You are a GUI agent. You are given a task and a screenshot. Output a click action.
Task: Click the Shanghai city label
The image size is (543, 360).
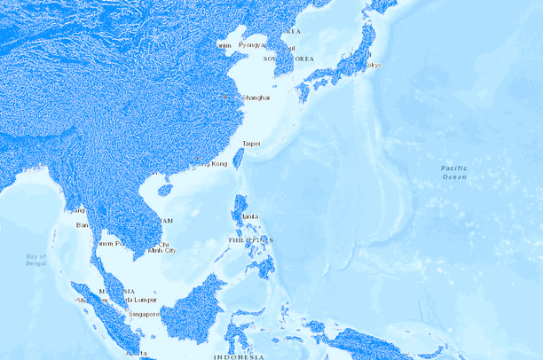256,98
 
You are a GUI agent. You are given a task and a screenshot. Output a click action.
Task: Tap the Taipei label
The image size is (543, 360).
251,143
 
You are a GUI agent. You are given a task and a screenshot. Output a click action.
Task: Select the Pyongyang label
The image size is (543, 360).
251,44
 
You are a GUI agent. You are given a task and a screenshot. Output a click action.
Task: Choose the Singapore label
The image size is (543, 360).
143,314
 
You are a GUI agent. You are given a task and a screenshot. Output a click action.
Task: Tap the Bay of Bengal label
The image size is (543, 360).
36,260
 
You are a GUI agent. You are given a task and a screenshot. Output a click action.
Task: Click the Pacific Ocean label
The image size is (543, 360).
453,172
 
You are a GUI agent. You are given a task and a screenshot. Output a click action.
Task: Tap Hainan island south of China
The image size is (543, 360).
164,189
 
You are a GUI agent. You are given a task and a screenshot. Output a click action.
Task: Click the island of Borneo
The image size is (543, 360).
191,310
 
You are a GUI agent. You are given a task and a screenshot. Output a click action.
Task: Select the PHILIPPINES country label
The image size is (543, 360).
250,239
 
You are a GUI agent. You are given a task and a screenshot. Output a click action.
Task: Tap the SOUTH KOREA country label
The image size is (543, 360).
292,59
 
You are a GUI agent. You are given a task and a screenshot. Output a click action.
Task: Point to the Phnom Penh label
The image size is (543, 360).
109,243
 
